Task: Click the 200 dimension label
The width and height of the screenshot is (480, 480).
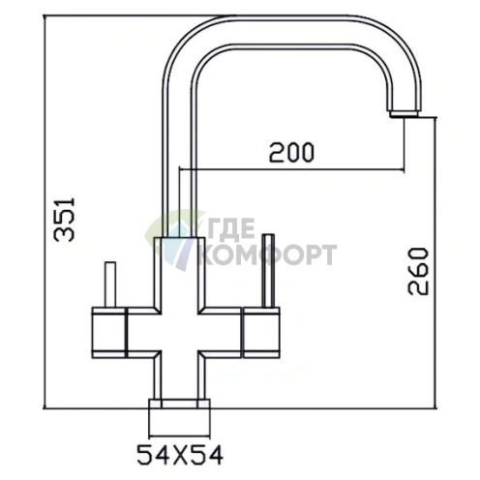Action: (291, 152)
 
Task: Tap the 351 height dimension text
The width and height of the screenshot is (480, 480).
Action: (65, 220)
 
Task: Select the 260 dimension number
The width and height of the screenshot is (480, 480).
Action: (418, 271)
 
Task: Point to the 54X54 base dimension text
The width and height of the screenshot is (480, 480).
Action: (180, 455)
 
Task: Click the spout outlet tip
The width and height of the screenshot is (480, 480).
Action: (404, 114)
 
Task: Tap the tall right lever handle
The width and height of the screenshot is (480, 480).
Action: (268, 270)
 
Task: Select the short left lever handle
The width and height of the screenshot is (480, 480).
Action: (110, 285)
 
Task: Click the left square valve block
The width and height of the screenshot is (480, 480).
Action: (108, 333)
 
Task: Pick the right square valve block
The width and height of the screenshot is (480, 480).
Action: (261, 333)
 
